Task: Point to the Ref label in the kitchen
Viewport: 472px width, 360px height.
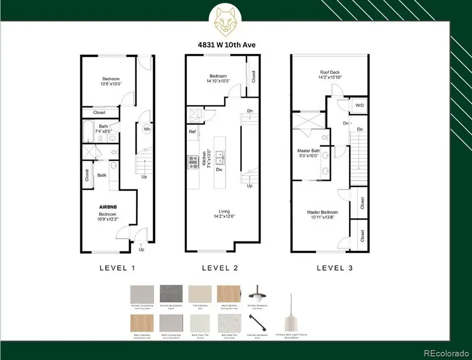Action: coord(192,131)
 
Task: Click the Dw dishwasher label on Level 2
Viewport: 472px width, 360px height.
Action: coord(220,170)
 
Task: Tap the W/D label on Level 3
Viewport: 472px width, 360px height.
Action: coord(359,105)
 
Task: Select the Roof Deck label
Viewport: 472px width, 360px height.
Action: coord(330,75)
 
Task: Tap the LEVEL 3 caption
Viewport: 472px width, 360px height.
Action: coord(334,268)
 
